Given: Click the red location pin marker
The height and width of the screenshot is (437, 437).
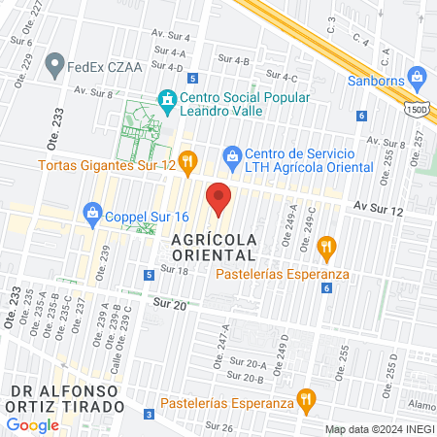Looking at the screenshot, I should pos(219,197).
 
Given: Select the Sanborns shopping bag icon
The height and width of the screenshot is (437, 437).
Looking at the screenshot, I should pos(418,76).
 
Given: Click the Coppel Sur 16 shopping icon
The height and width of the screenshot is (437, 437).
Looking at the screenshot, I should pos(93,211).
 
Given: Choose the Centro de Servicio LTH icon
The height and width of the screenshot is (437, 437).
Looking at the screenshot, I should pos(231,155).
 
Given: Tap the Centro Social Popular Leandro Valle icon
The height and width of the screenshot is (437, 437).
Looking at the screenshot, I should pos(167,99).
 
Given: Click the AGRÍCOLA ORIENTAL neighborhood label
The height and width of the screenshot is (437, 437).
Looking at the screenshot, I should pos(214,247).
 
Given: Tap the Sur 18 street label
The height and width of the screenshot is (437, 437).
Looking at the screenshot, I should pos(175,269).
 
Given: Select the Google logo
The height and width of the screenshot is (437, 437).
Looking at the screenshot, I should pos(33,424).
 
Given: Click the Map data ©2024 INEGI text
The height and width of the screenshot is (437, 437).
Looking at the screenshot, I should pos(378,429).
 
